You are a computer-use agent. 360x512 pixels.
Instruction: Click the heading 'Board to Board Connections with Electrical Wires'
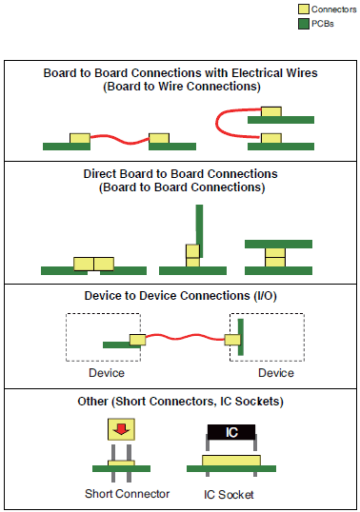click(x=180, y=73)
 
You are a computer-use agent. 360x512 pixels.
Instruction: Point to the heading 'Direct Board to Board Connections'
click(x=180, y=174)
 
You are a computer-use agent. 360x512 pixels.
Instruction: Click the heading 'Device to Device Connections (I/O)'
click(x=180, y=296)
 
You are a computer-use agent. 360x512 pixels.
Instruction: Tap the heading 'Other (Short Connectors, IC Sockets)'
click(x=180, y=402)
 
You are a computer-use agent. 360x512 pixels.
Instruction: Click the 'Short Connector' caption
click(x=127, y=493)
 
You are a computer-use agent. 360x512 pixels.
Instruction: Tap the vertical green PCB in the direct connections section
click(x=199, y=224)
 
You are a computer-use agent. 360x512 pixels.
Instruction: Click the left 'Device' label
click(x=106, y=373)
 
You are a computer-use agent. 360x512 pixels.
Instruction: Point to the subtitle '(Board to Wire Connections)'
click(x=180, y=87)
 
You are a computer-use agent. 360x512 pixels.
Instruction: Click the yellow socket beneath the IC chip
click(x=230, y=461)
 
